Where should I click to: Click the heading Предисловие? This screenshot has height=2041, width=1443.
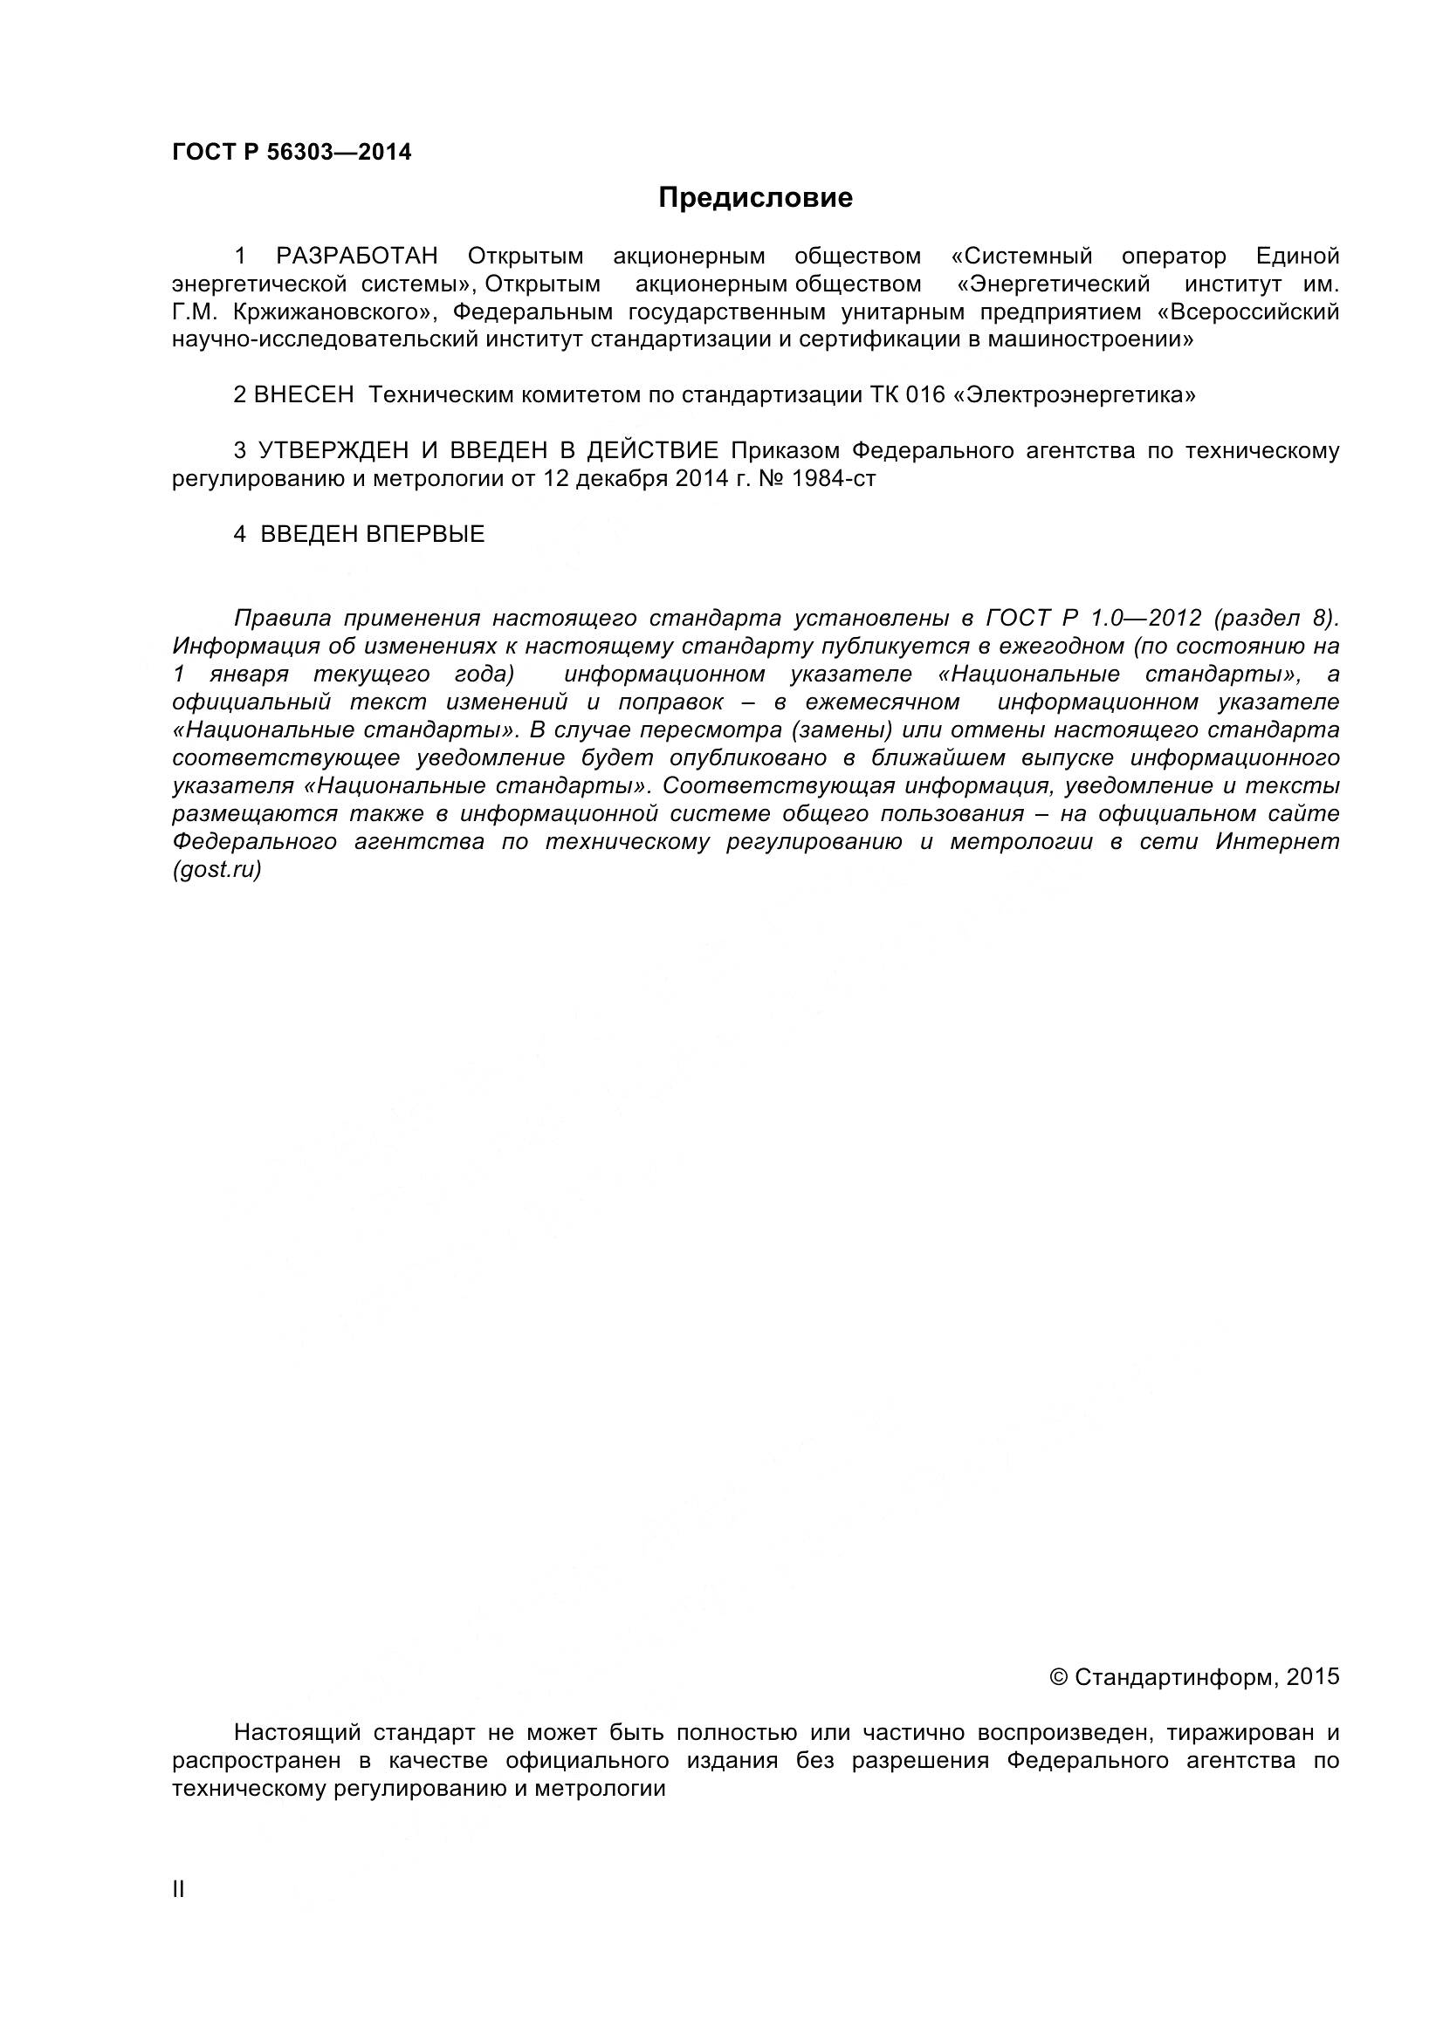click(x=755, y=197)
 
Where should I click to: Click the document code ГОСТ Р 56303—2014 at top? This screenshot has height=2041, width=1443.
click(x=292, y=152)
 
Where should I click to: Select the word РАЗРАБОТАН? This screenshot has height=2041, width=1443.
click(x=356, y=257)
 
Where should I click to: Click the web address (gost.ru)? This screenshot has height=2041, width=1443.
click(x=217, y=870)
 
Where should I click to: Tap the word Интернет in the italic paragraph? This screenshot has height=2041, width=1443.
click(x=1277, y=842)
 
